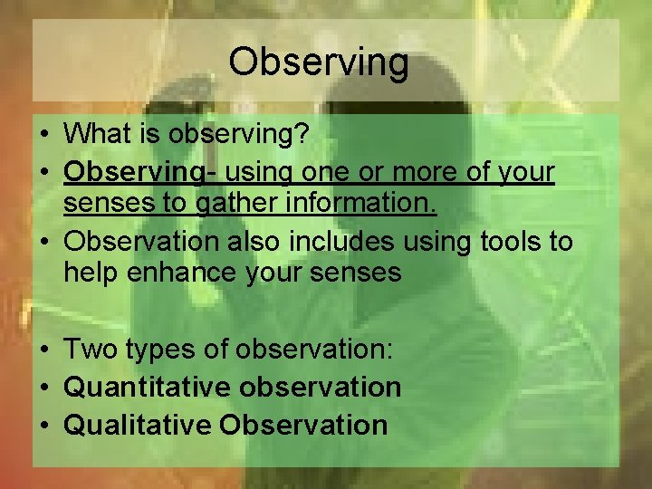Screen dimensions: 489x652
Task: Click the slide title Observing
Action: click(x=319, y=62)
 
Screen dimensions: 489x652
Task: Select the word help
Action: click(x=91, y=272)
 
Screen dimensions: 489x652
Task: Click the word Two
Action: click(x=91, y=349)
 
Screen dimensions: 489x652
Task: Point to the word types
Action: click(x=160, y=350)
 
